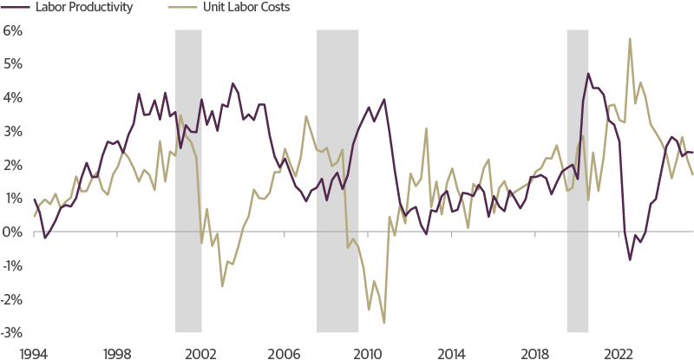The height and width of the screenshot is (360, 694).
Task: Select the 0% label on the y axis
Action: [x=11, y=232]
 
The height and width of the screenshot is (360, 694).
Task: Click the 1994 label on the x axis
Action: [x=33, y=352]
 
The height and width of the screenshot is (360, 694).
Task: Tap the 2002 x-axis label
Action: [x=200, y=352]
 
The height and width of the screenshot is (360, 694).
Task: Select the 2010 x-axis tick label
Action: [x=367, y=352]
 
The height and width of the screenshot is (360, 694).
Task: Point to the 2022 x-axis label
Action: [x=618, y=352]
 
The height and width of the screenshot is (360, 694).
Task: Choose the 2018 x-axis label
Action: [x=534, y=352]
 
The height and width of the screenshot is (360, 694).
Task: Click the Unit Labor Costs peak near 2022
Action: [x=630, y=38]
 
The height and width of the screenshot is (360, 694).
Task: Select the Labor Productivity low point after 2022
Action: [x=630, y=259]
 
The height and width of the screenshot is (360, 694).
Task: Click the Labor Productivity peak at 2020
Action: [x=588, y=74]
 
